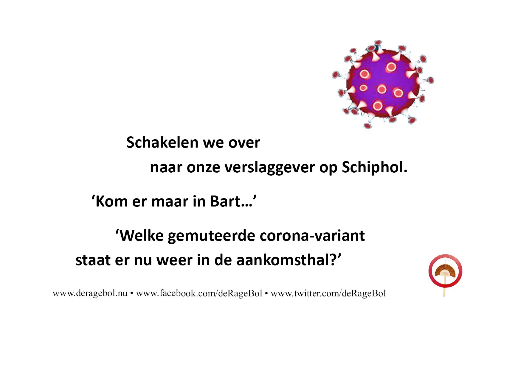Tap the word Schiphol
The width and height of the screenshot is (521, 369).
(374, 167)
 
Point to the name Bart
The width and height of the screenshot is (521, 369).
(225, 201)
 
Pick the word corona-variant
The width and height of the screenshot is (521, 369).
(312, 236)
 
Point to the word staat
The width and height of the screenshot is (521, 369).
(93, 260)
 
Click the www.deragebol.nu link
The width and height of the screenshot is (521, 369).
(90, 293)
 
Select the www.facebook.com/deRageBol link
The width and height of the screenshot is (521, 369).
(199, 293)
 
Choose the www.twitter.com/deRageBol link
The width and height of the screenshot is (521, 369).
(328, 293)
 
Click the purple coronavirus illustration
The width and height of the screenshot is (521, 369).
(383, 84)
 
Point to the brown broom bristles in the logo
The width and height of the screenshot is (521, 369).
(445, 270)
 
